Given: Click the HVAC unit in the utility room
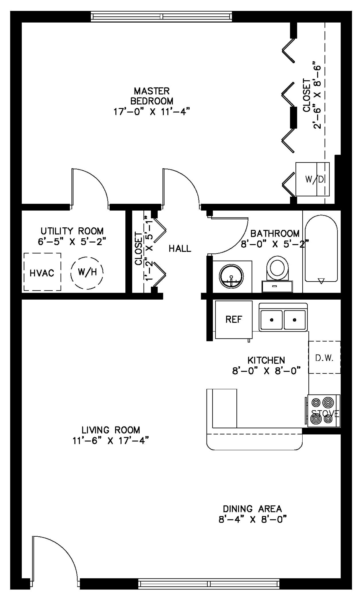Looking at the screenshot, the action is coord(42,272).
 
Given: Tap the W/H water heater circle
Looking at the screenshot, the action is coord(87,272).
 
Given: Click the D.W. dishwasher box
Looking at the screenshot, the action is coord(324,357).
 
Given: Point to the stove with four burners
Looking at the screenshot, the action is coord(324,411).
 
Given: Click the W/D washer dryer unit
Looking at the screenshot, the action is coord(313,179).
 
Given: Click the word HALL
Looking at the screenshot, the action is coord(180,249).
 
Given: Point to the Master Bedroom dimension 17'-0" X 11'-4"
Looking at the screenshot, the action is coord(152,112).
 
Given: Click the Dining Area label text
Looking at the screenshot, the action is coord(252,509).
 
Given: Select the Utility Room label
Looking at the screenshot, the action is coord(72,231).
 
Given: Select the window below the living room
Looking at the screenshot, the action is coord(209,583).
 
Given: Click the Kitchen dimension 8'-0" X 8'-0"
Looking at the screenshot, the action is coord(266,371).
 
